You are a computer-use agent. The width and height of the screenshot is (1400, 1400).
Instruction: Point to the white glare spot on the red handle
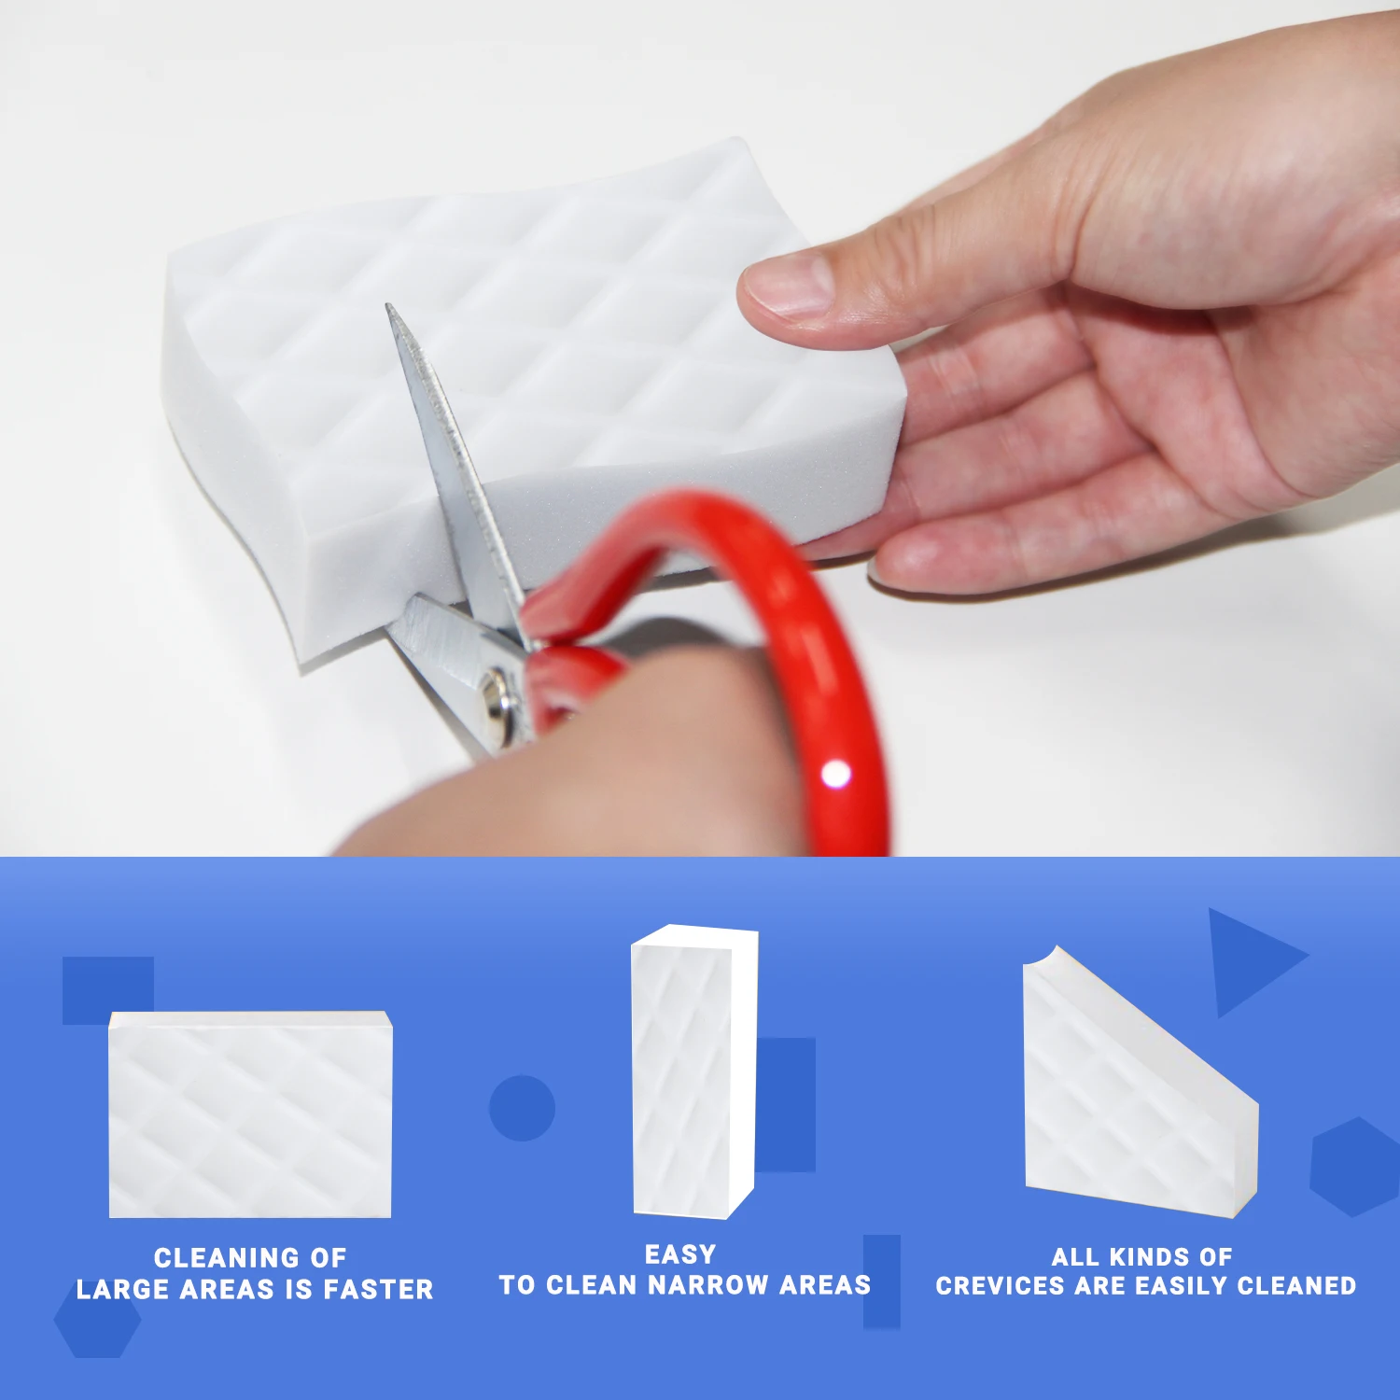[835, 774]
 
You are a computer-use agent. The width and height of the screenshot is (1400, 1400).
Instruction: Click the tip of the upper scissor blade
[390, 308]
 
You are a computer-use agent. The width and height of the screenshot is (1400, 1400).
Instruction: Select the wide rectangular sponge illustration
[250, 1114]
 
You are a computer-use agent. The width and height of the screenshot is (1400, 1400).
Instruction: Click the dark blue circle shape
[522, 1108]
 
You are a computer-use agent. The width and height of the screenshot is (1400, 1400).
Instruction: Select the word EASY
[680, 1254]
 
